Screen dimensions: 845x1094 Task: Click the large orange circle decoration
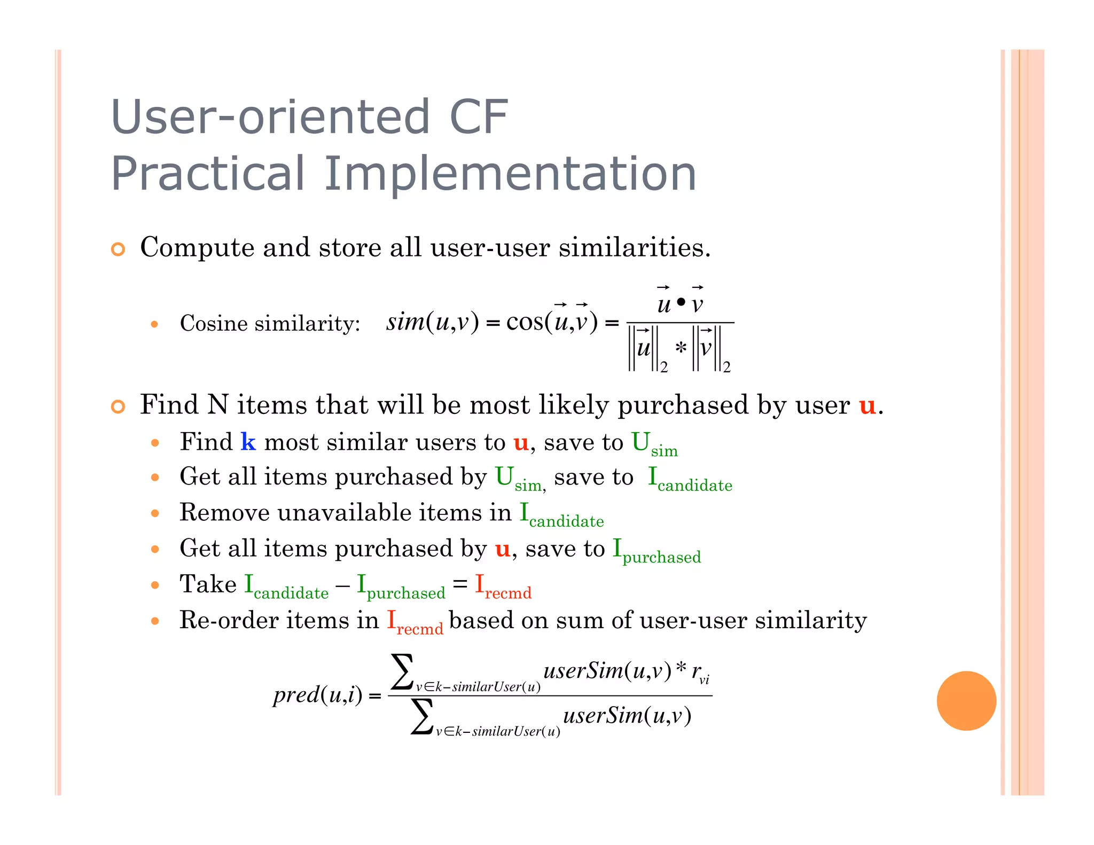(966, 700)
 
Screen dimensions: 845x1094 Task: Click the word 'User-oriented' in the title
(270, 117)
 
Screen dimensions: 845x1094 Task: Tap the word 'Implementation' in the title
(510, 174)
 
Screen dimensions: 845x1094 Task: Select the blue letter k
(248, 442)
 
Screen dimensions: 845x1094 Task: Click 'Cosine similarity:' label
(270, 323)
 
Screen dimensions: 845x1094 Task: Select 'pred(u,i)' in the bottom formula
(317, 695)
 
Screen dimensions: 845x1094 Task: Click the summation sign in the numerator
(402, 672)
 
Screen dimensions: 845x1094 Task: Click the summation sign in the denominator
(422, 717)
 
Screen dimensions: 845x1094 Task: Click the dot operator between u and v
(681, 302)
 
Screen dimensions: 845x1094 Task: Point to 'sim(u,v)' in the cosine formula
(432, 322)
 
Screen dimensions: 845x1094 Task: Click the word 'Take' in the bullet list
(208, 584)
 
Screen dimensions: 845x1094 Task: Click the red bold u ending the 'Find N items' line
(867, 406)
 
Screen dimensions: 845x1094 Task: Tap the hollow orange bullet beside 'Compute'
(118, 249)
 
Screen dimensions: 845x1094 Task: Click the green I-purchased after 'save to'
(656, 551)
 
